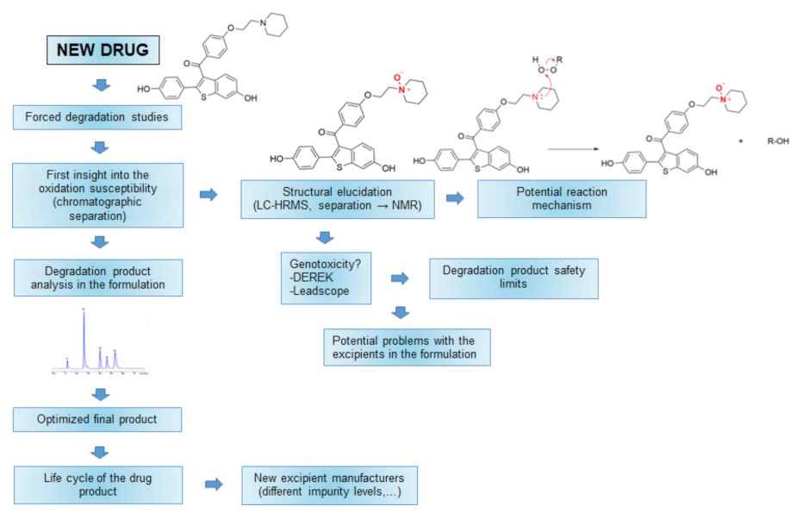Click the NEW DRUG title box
coord(103,51)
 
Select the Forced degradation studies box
coord(96,117)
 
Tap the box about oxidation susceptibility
coord(98,195)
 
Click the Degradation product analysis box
coord(98,278)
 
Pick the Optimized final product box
coord(97,419)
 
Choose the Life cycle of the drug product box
coord(98,485)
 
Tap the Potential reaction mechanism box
coord(562,198)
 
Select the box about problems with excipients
coord(407,347)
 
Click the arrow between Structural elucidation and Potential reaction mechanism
coord(453,198)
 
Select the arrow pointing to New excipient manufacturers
coord(213,485)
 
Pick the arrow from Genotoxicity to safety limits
coord(400,278)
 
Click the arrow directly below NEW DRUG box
coord(102,84)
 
